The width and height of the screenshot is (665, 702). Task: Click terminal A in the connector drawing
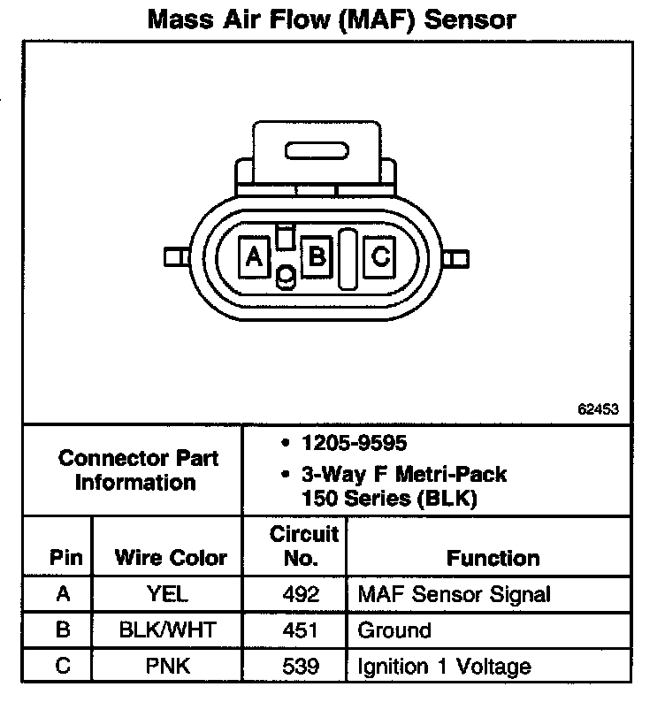pyautogui.click(x=255, y=257)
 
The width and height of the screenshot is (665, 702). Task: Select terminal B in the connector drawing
pyautogui.click(x=316, y=257)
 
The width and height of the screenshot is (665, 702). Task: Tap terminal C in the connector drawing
pyautogui.click(x=379, y=257)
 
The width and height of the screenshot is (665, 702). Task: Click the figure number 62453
pyautogui.click(x=598, y=409)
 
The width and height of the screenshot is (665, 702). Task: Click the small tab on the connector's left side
pyautogui.click(x=174, y=258)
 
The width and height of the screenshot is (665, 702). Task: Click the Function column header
pyautogui.click(x=493, y=558)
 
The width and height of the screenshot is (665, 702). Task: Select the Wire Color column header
pyautogui.click(x=171, y=558)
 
